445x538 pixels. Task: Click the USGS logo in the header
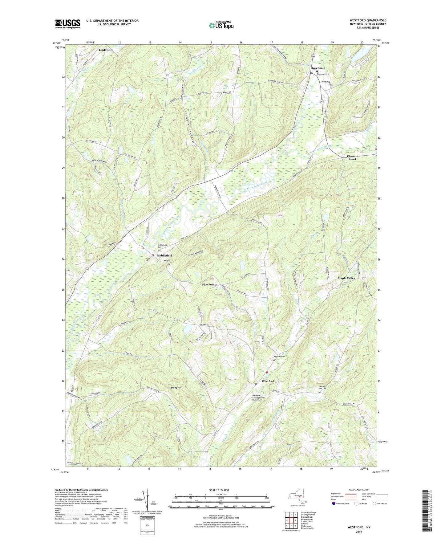67,24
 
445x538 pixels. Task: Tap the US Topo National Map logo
221,25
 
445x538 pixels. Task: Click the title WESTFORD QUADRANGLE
368,20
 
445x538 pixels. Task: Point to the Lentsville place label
105,50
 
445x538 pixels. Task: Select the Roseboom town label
318,68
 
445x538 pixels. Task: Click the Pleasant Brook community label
352,158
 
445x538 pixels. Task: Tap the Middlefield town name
164,255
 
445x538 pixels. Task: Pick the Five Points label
209,284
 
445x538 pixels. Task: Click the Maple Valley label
346,278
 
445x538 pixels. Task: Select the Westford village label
268,381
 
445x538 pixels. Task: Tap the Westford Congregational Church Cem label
258,398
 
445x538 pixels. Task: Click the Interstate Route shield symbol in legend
334,503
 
